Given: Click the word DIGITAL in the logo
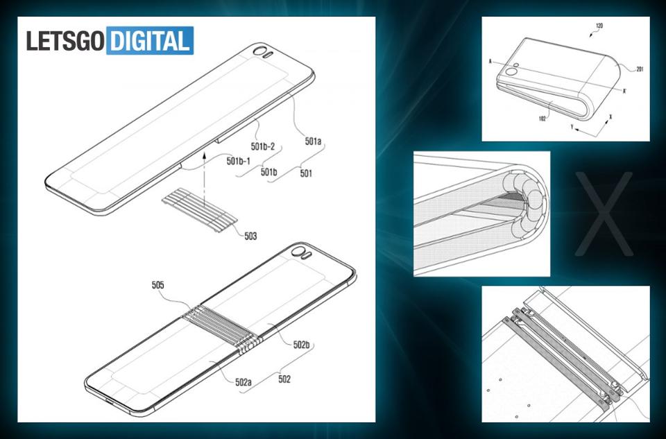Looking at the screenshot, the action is click(x=150, y=41).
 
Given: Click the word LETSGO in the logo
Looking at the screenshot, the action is click(x=65, y=41).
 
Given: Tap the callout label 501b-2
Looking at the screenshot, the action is click(x=263, y=146).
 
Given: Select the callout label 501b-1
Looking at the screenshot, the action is click(x=238, y=161).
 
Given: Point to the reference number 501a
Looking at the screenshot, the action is click(x=313, y=141).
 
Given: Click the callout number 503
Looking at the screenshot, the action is click(x=250, y=236).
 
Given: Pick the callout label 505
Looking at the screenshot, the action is click(x=157, y=285).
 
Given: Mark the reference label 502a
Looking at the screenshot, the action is click(x=244, y=382).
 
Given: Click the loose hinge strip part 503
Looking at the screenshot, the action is click(x=199, y=209).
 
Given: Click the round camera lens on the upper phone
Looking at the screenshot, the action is click(x=258, y=52).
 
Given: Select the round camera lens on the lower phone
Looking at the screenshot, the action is click(x=298, y=251).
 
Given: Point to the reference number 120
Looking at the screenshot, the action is click(x=599, y=26).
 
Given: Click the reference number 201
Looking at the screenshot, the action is click(x=640, y=69).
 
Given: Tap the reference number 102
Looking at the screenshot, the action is click(x=542, y=119).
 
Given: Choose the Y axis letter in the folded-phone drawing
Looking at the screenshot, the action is click(x=572, y=126).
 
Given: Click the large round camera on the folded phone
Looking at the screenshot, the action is click(x=510, y=71).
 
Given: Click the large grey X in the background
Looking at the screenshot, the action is click(x=603, y=214).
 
